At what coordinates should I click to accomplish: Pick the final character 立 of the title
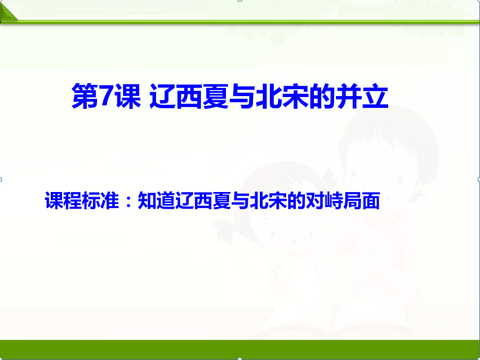pyautogui.click(x=375, y=98)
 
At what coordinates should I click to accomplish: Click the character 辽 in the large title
pyautogui.click(x=161, y=98)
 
